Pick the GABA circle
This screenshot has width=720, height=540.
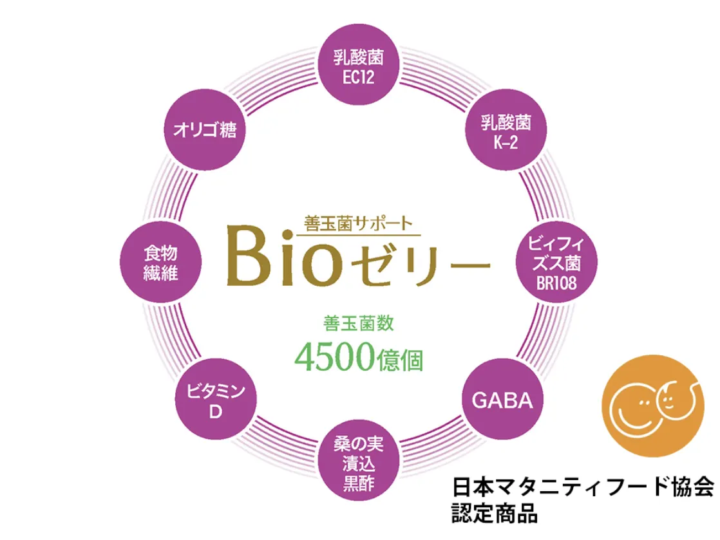click(503, 400)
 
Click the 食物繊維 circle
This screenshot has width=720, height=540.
click(160, 263)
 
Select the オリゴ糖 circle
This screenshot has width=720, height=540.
click(205, 131)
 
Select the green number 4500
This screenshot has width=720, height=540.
click(334, 357)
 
